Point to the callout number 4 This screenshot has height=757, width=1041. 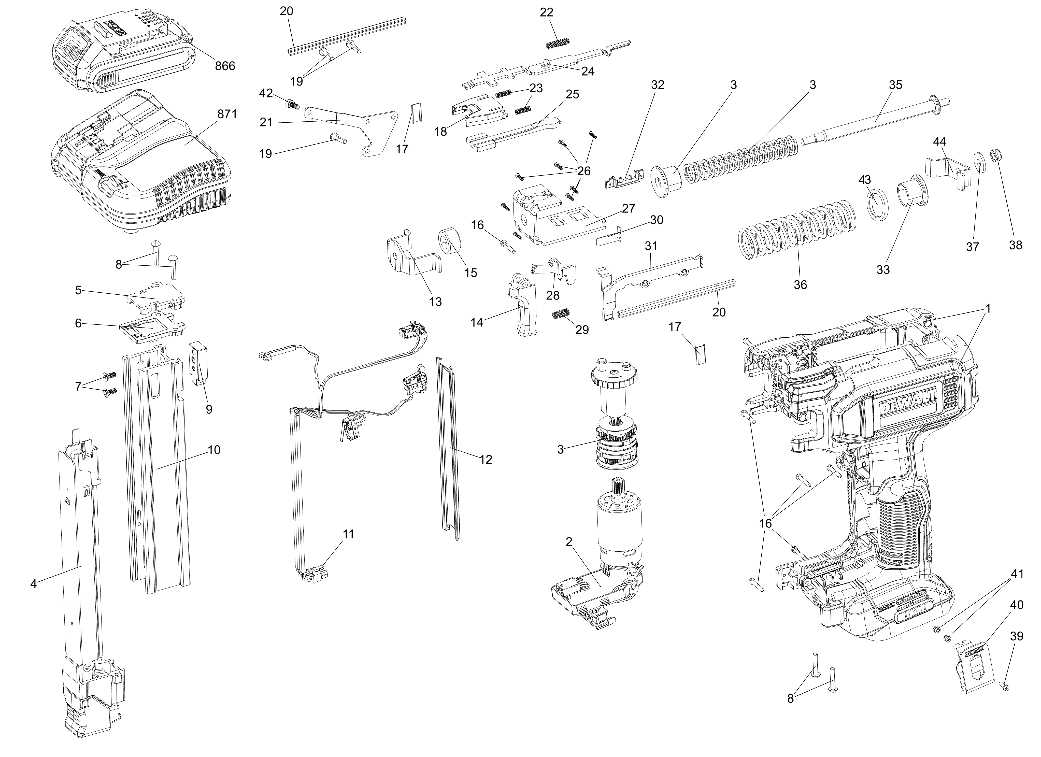(33, 583)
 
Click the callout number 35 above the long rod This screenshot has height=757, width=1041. (895, 85)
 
